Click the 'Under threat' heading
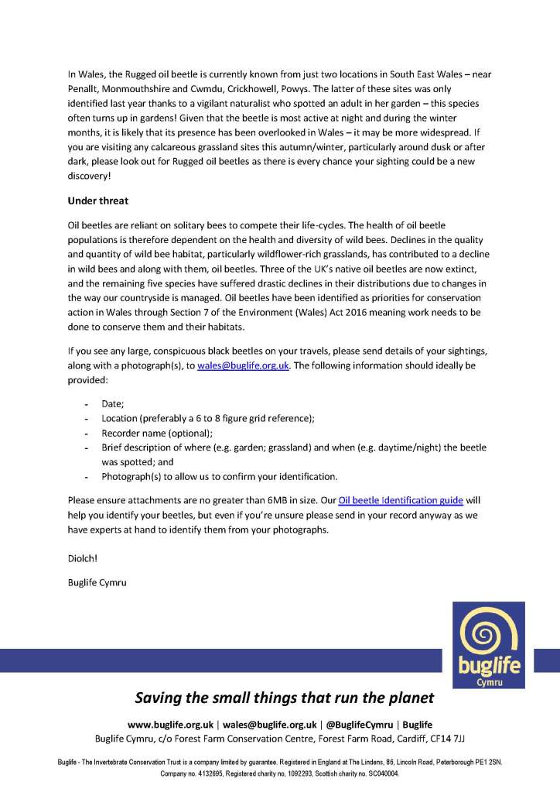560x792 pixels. coord(98,201)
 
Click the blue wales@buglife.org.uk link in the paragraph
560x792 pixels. coord(244,365)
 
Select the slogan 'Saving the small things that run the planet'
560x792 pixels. coord(285,698)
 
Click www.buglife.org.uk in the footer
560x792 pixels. coord(171,725)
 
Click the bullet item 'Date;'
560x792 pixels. coord(112,404)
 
